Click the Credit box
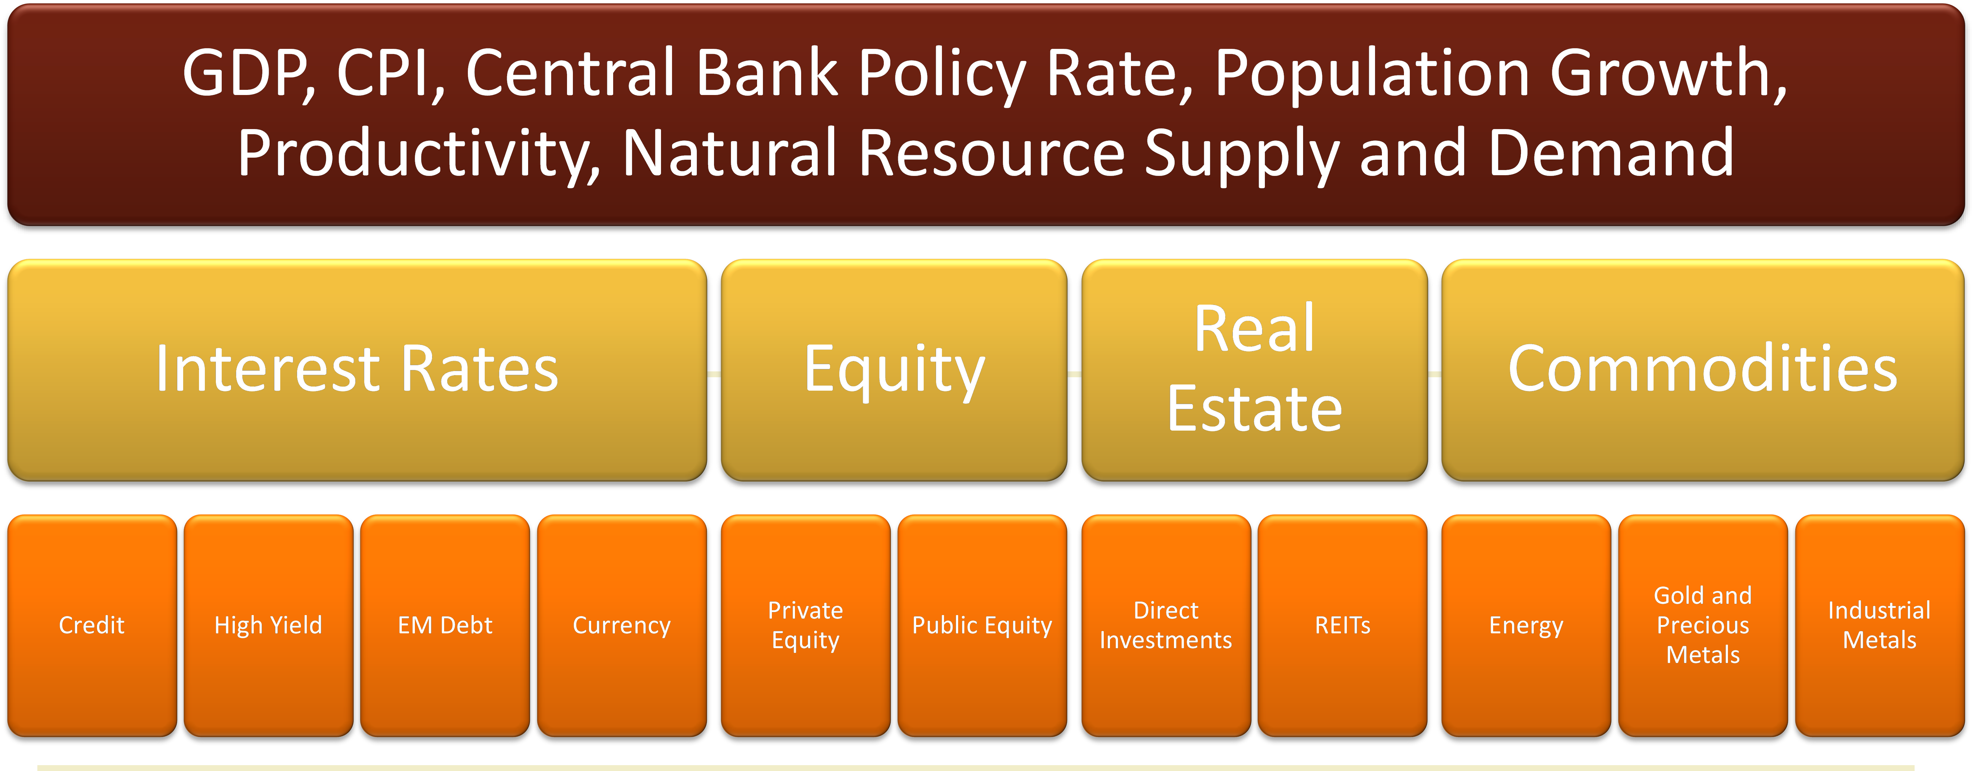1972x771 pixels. [x=92, y=625]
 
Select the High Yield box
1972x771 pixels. [x=269, y=625]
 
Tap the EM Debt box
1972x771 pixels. [x=445, y=625]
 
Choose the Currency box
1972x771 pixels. [x=622, y=625]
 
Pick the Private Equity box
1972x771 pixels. [x=805, y=625]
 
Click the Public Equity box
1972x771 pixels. [x=982, y=625]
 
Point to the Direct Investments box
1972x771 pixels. [x=1166, y=625]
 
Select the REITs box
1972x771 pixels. [x=1343, y=625]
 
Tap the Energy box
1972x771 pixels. [x=1527, y=625]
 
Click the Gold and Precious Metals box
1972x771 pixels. [x=1703, y=625]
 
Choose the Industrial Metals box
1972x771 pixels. [x=1879, y=625]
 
